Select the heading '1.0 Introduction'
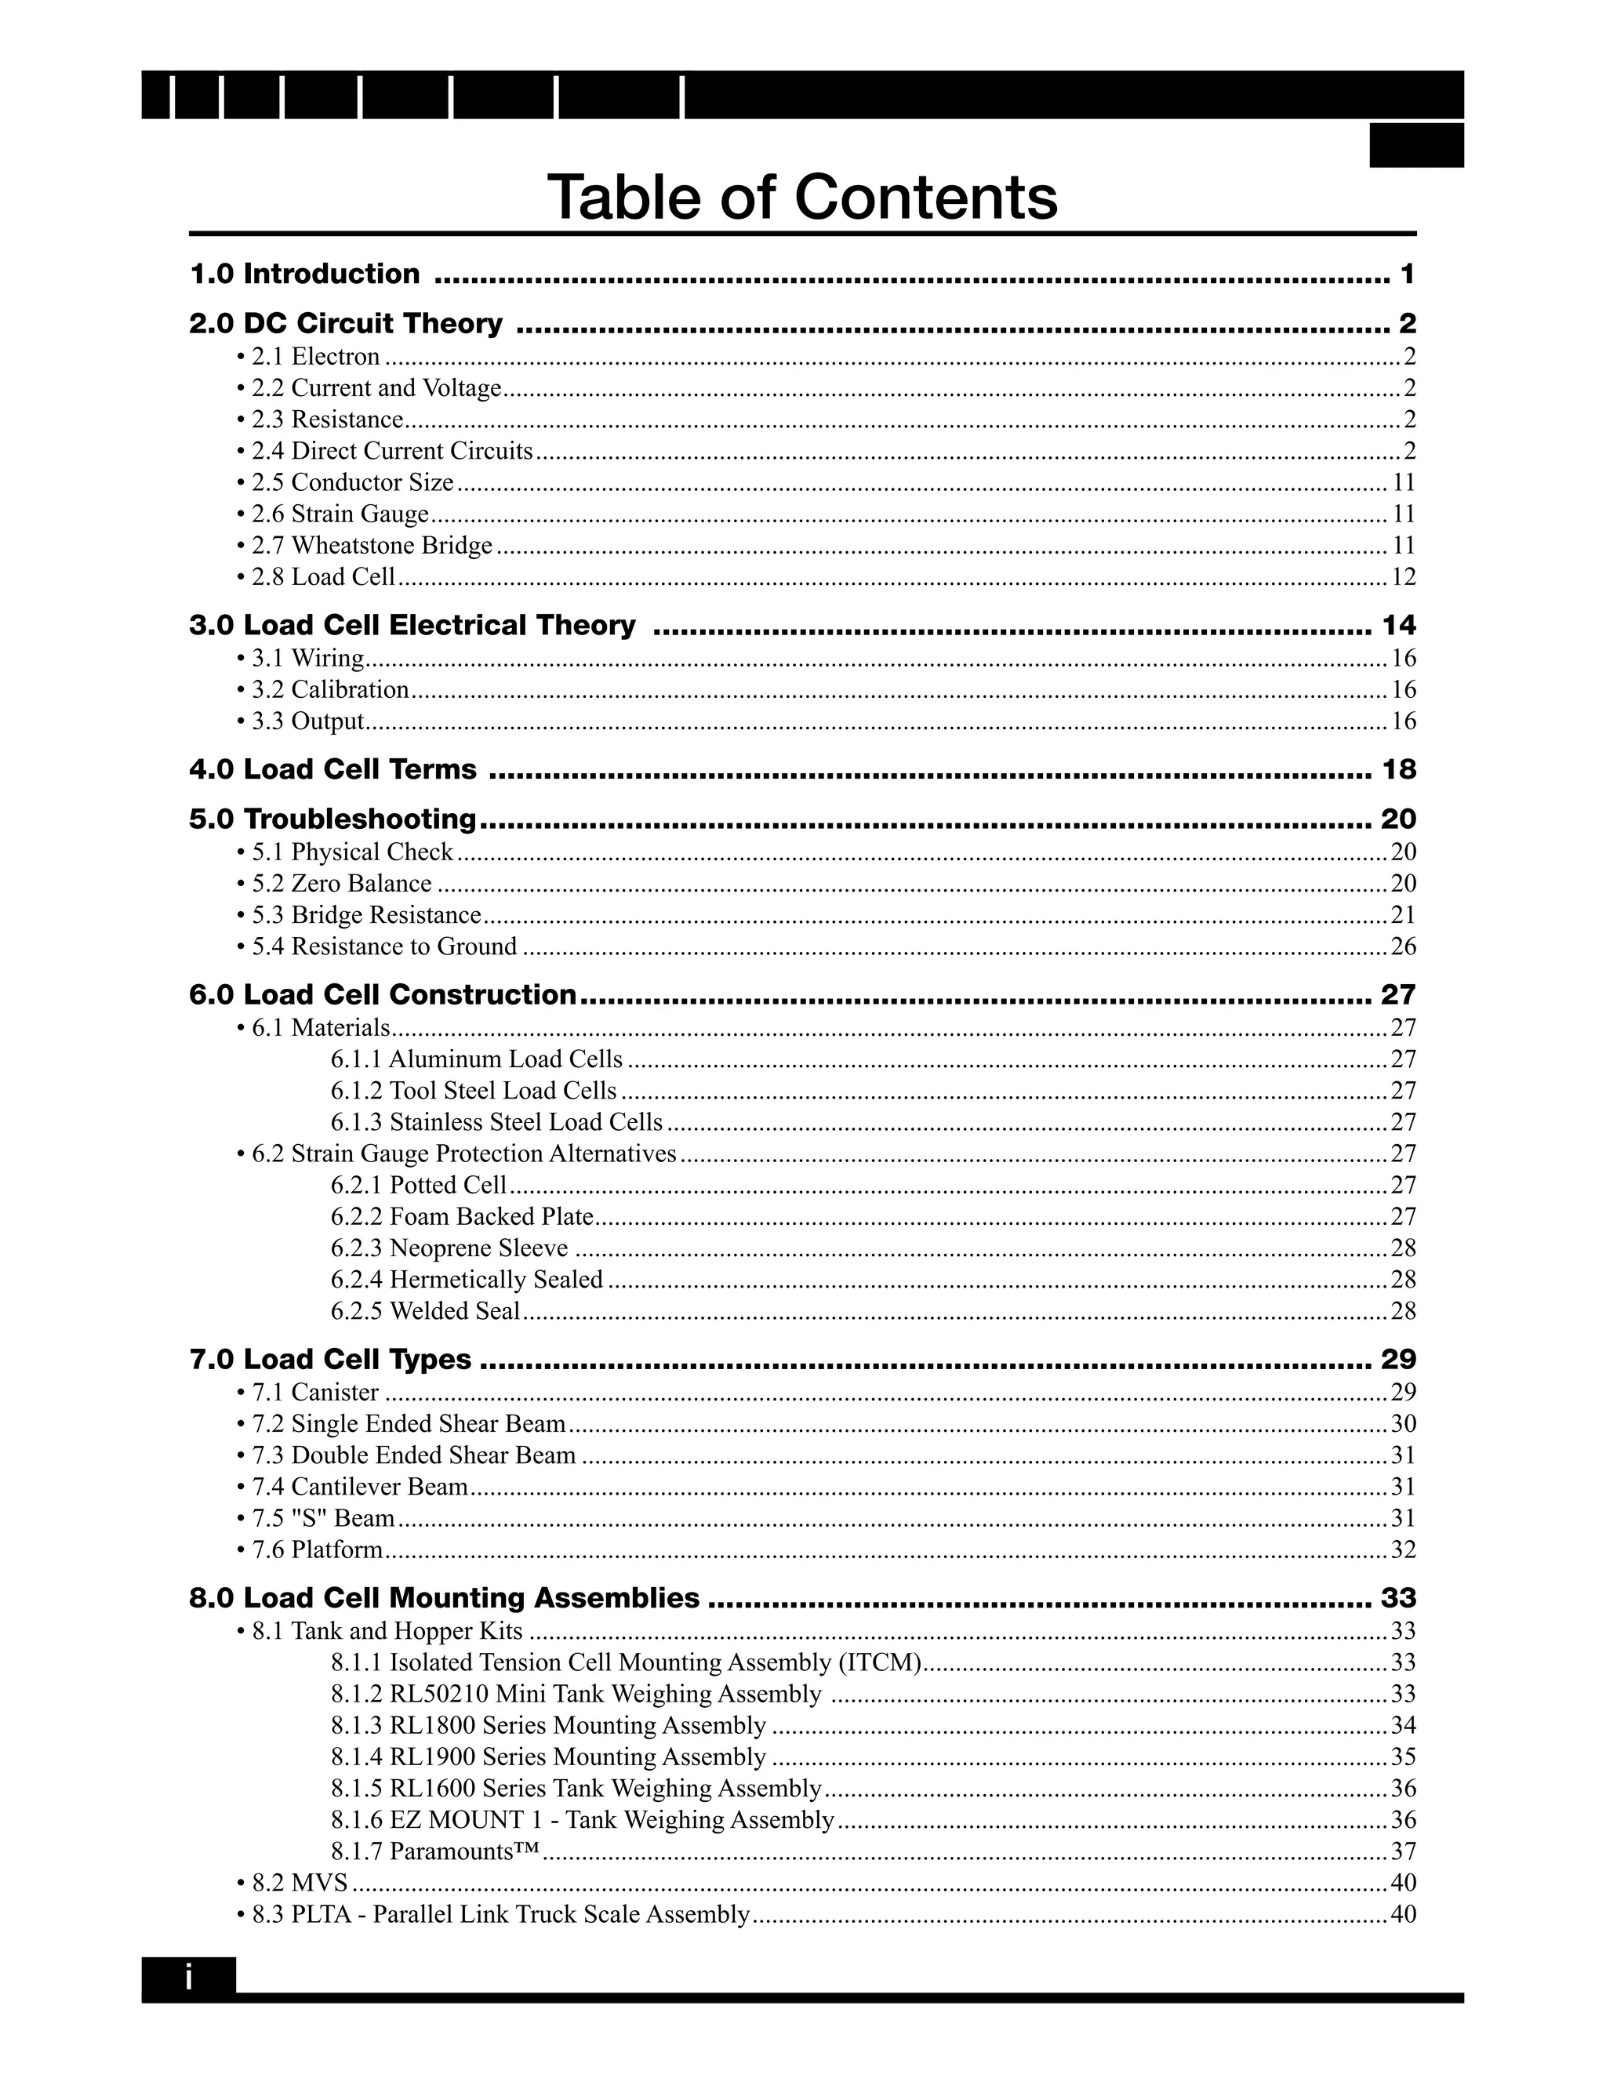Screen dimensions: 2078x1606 tap(304, 274)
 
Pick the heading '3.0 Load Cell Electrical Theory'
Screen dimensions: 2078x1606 tap(412, 625)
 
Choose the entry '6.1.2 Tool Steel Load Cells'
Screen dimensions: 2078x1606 tap(474, 1091)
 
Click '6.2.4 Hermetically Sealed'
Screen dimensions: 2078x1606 tap(467, 1280)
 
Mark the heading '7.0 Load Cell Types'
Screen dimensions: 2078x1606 tap(330, 1359)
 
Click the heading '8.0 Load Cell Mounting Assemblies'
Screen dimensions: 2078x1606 tap(445, 1597)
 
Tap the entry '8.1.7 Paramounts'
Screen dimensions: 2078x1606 tap(436, 1851)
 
